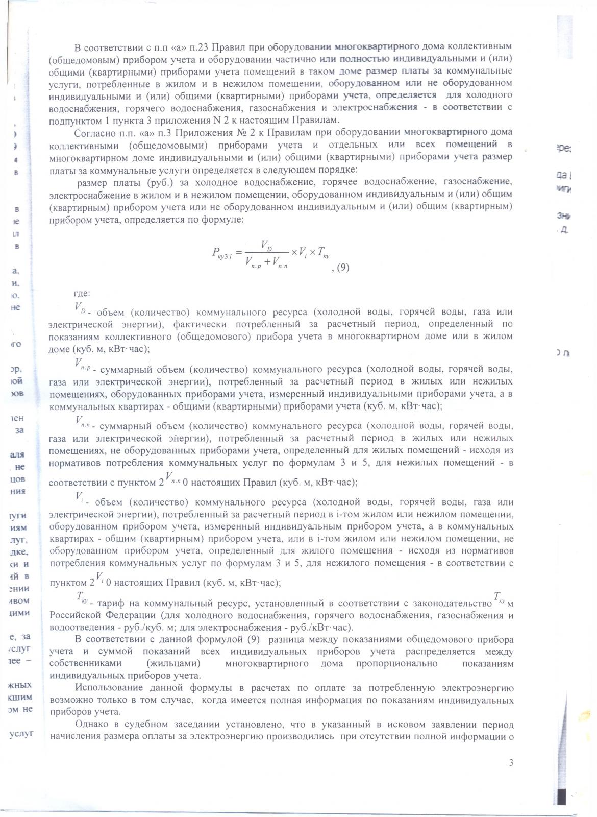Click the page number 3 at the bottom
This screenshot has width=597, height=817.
click(511, 763)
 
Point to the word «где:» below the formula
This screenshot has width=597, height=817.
click(82, 294)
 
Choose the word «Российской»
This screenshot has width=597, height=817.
click(76, 615)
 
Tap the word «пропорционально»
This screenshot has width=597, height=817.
click(404, 663)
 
